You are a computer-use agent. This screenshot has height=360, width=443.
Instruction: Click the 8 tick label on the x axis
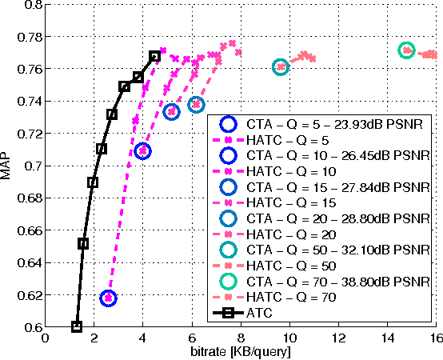coord(241,338)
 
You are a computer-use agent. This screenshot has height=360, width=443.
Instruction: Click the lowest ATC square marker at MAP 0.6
coord(77,326)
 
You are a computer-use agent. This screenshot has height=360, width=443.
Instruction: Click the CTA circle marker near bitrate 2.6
coord(108,298)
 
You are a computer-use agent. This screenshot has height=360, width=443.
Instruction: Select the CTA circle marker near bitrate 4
coord(143,150)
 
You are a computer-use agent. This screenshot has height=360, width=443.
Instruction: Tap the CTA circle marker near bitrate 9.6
coord(280,67)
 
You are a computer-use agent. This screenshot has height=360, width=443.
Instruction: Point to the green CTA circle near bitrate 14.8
coord(406,50)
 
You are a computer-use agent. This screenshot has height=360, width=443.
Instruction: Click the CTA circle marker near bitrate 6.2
coord(197,105)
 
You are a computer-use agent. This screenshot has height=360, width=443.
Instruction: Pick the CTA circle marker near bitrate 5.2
coord(171,112)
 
